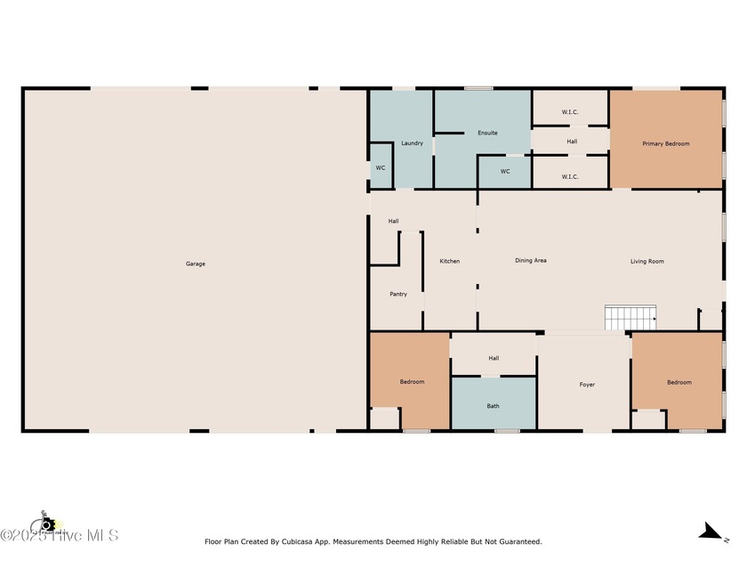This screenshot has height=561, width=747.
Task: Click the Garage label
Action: [196, 264]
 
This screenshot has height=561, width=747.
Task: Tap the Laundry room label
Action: [412, 143]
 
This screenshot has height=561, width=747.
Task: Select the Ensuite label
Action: [487, 133]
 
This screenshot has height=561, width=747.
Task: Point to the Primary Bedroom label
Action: [666, 143]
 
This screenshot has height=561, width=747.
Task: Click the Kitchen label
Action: [450, 261]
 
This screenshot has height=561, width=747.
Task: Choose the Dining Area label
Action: [531, 261]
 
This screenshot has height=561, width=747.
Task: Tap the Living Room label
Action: [647, 261]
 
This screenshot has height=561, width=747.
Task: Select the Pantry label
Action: [398, 294]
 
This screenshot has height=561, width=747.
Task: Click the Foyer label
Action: [587, 385]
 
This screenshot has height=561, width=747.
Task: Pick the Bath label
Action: [493, 406]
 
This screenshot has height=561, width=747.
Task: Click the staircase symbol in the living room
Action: [631, 317]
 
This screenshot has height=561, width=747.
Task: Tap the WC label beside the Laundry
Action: [381, 167]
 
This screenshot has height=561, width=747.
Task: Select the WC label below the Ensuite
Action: [505, 171]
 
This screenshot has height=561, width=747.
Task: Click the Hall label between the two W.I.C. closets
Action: [572, 141]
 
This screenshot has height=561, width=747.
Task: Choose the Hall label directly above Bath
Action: [494, 358]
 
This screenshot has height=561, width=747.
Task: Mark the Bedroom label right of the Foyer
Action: [679, 382]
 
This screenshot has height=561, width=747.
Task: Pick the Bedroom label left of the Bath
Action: [412, 382]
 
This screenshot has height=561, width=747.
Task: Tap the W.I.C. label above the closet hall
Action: [570, 111]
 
